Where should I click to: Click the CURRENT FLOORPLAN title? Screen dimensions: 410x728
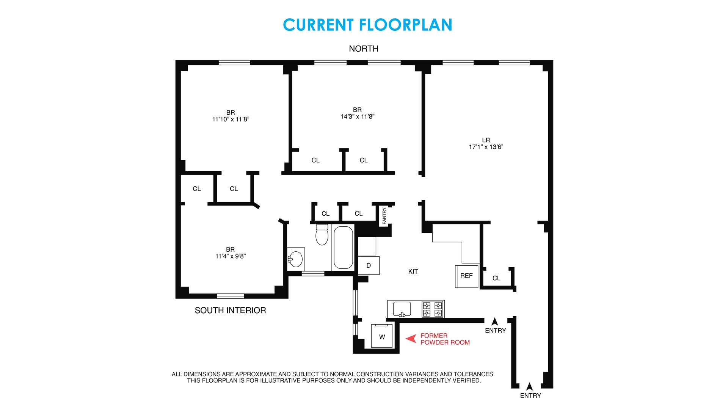[x=367, y=25]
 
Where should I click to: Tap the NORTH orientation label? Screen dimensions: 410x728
[x=364, y=49]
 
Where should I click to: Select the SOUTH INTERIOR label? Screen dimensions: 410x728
[x=230, y=310]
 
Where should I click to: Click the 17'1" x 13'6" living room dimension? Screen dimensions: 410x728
[x=486, y=147]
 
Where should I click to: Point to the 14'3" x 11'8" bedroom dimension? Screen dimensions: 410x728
[x=357, y=117]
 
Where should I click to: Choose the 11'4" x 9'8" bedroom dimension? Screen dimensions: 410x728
[x=231, y=256]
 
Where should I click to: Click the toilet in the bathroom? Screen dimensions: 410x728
[x=322, y=235]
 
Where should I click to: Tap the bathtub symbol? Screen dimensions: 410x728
[x=343, y=248]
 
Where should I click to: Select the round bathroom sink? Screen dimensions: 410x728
[x=296, y=259]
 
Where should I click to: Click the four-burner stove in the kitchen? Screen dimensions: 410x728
[x=433, y=309]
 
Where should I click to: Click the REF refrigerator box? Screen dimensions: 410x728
[x=466, y=276]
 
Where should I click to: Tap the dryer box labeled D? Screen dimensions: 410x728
[x=369, y=266]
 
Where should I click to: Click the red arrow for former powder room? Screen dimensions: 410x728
[x=411, y=338]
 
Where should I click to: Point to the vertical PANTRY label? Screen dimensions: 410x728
[x=384, y=215]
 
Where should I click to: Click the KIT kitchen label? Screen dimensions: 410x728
[x=413, y=271]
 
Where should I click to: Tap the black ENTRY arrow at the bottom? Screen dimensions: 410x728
[x=530, y=386]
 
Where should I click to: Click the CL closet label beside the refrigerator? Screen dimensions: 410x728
[x=496, y=278]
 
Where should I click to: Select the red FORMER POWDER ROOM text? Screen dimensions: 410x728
[x=445, y=339]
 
